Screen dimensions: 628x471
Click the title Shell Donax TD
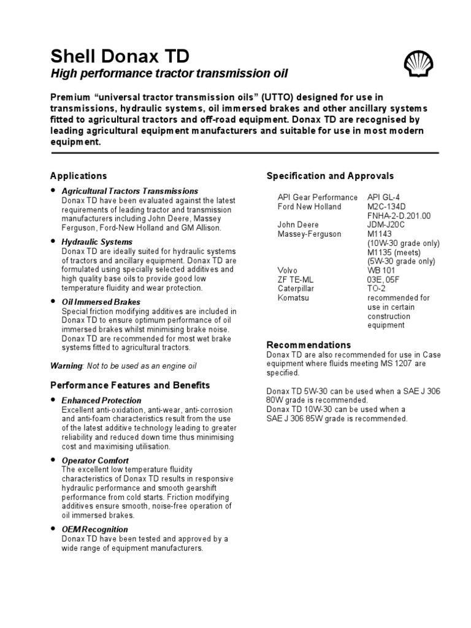120,57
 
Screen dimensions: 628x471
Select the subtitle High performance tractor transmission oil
169,74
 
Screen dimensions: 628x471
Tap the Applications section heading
78,176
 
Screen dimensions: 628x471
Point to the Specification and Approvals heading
330,176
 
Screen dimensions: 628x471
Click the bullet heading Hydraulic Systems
97,242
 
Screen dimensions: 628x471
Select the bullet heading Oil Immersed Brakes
101,302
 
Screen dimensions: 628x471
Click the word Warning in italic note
66,366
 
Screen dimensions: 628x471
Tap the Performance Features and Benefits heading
130,385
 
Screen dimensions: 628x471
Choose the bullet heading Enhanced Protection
102,400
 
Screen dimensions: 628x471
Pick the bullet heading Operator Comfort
95,460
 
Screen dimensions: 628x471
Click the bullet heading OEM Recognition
95,529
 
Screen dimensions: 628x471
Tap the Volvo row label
288,270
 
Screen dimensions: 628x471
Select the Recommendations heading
308,345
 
